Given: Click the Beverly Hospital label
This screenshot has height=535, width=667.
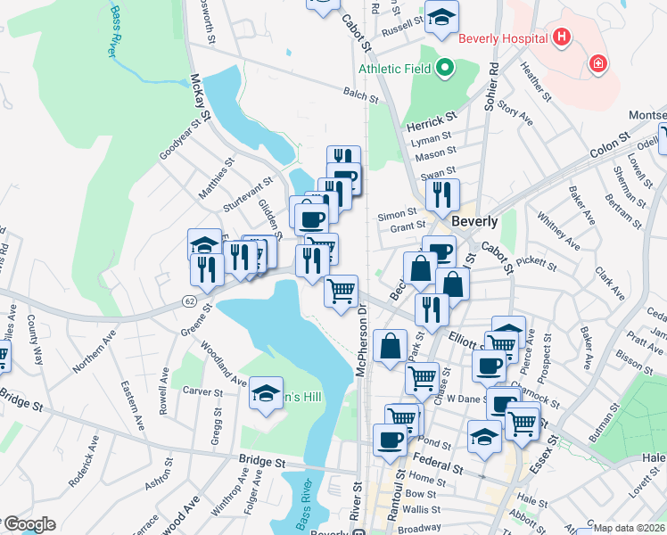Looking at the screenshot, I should pyautogui.click(x=501, y=38).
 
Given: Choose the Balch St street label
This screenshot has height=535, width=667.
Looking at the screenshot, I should pyautogui.click(x=361, y=92).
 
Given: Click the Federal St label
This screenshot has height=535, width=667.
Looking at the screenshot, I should pyautogui.click(x=438, y=465).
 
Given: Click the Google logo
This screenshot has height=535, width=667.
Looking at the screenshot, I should pyautogui.click(x=29, y=524).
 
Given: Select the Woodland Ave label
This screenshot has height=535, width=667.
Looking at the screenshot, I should pyautogui.click(x=223, y=363).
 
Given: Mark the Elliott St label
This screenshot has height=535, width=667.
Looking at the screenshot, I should pyautogui.click(x=465, y=340).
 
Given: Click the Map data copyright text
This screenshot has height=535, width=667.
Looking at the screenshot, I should pyautogui.click(x=629, y=528).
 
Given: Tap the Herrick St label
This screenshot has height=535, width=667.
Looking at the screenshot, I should pyautogui.click(x=431, y=116).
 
